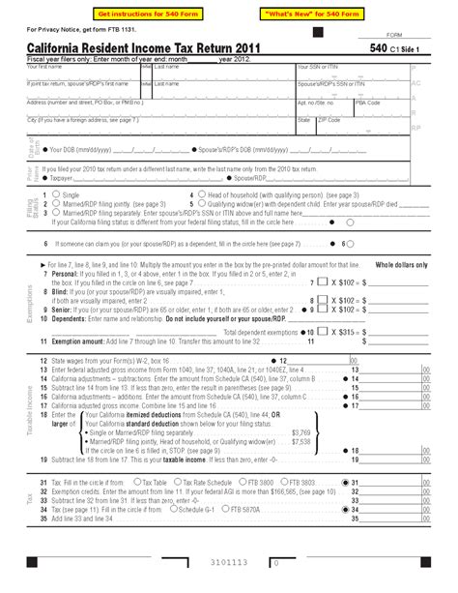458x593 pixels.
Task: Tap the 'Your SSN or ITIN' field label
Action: click(x=315, y=67)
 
